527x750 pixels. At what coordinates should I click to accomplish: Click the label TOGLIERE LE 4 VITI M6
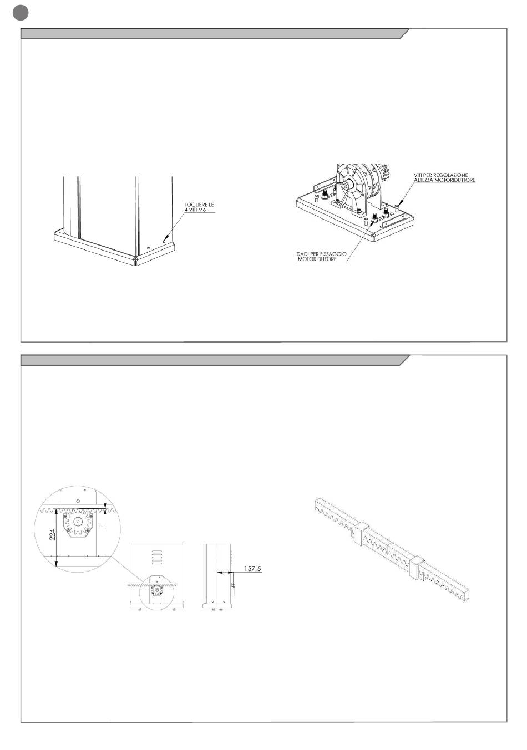(199, 207)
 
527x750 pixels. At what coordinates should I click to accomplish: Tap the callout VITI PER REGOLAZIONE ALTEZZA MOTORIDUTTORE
(444, 177)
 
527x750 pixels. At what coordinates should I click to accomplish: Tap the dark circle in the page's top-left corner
(20, 12)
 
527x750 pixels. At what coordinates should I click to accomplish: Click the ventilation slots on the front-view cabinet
(157, 558)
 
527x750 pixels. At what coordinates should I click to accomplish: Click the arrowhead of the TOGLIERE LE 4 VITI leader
(166, 240)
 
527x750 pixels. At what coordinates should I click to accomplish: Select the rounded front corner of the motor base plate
(373, 237)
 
